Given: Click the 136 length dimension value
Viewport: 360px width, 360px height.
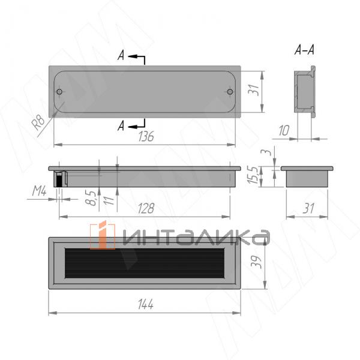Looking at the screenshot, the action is coord(146,136).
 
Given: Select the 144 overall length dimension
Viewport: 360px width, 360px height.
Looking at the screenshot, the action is coord(146,304).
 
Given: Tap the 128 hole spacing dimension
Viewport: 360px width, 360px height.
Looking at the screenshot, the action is coord(146,208).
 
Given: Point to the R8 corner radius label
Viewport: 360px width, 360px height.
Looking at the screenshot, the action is coord(38,123).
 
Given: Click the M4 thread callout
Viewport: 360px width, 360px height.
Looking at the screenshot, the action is coord(39,191).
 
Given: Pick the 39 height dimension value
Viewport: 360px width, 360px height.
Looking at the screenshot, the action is coord(256,262).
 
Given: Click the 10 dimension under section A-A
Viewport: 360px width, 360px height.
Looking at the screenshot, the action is coord(284,131).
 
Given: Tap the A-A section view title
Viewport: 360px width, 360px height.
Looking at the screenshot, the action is coord(304,50).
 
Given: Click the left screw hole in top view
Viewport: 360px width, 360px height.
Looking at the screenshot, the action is coord(59,92).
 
